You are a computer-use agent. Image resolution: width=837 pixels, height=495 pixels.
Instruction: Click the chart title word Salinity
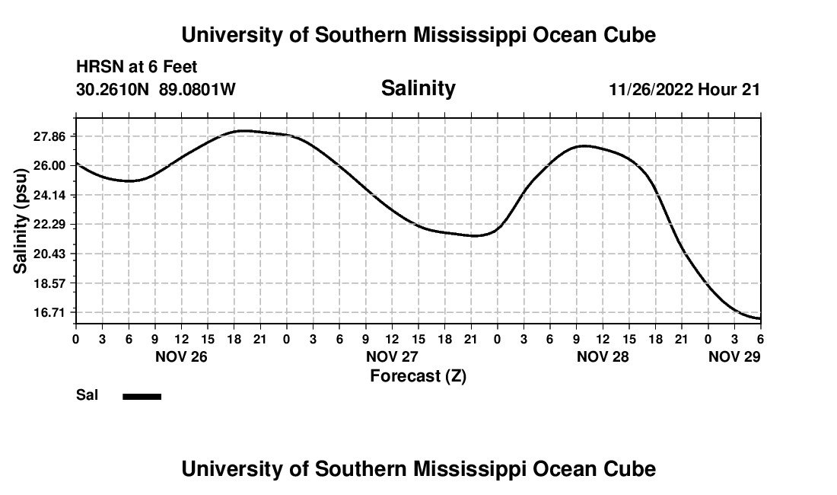click(418, 88)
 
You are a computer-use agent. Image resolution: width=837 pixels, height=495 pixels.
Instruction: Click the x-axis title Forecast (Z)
click(418, 375)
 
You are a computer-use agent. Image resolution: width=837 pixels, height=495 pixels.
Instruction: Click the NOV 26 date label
click(181, 356)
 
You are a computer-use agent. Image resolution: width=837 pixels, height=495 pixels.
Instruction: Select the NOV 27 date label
click(392, 356)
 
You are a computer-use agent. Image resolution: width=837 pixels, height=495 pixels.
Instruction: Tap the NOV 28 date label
click(603, 356)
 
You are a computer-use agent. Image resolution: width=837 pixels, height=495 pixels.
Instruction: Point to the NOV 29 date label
click(734, 356)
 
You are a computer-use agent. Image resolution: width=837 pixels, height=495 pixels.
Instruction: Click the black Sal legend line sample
click(142, 396)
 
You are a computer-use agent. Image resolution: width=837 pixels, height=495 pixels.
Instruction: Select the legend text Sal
click(87, 395)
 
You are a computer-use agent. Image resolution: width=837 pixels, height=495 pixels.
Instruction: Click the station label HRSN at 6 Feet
click(137, 67)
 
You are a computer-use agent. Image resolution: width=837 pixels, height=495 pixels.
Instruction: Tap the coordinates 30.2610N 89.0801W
click(156, 90)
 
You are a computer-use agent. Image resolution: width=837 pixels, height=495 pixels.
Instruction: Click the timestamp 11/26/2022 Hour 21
click(684, 90)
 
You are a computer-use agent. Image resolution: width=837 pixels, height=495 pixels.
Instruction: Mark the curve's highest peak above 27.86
click(243, 131)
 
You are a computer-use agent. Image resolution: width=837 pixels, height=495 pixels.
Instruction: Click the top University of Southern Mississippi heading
click(418, 35)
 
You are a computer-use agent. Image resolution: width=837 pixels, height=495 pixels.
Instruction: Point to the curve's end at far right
click(759, 318)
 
